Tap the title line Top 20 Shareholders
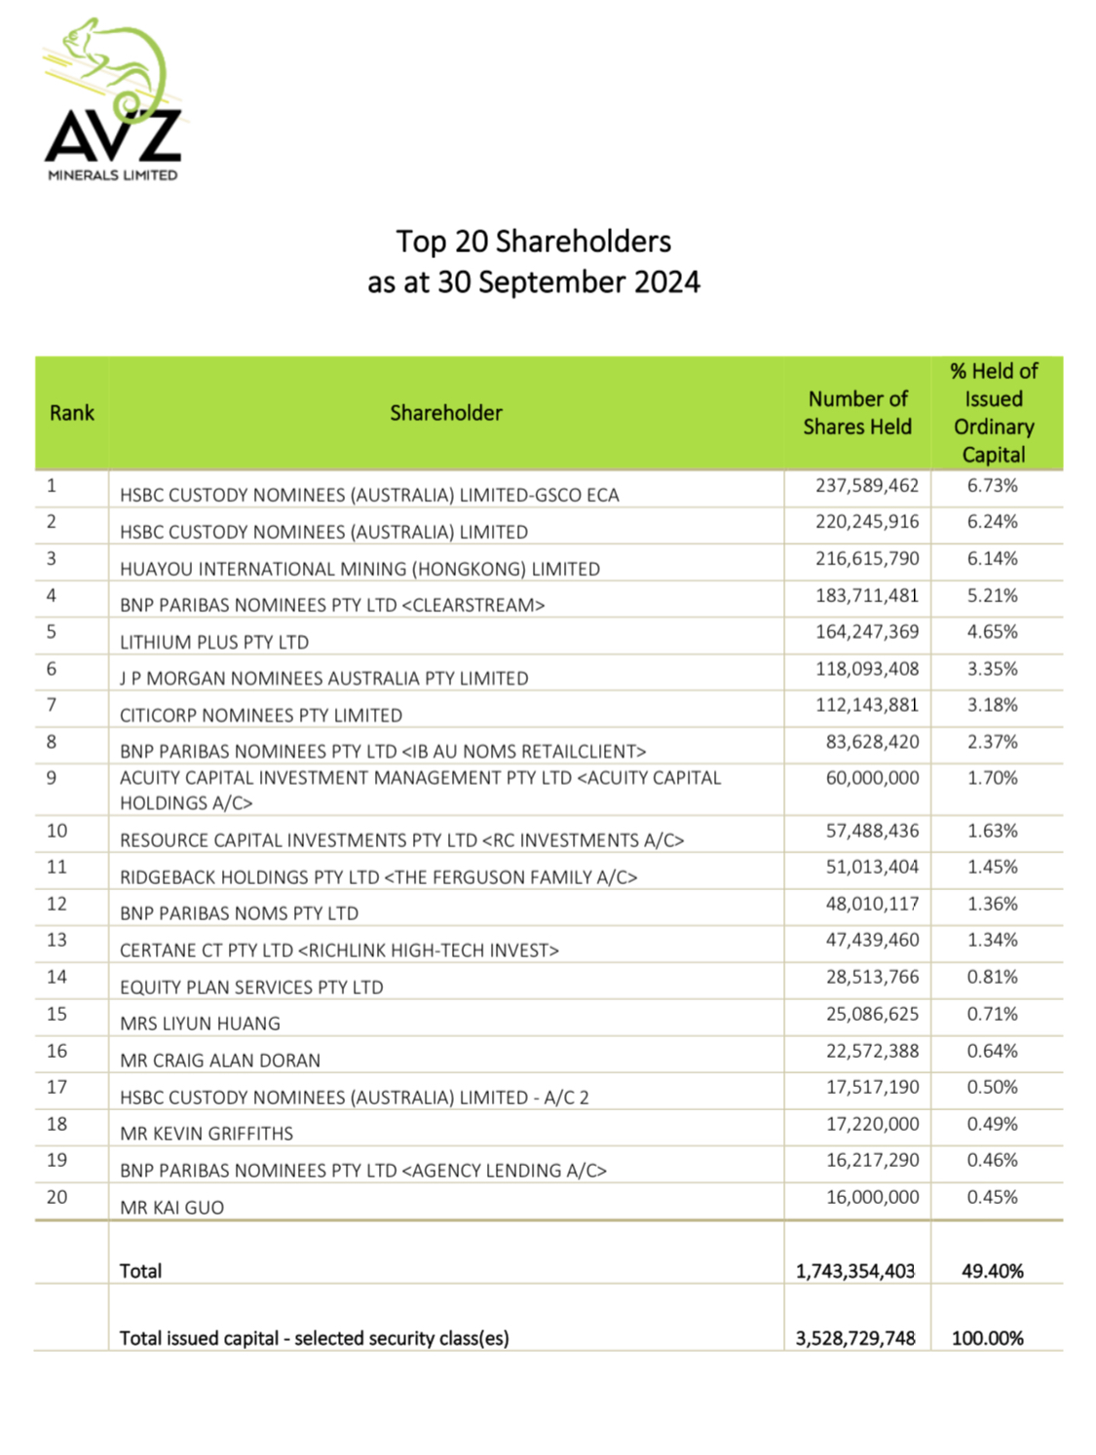click(533, 242)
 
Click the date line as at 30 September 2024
click(533, 282)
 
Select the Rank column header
click(72, 413)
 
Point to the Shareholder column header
click(446, 413)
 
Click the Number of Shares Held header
click(857, 413)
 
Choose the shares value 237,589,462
click(867, 486)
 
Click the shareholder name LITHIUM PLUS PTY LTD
click(214, 643)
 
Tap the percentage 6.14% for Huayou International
click(992, 559)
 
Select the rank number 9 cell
click(52, 778)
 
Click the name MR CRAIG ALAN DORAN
click(220, 1061)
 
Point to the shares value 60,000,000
click(872, 778)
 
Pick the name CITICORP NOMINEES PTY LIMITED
click(261, 716)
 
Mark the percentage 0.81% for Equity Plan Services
click(992, 977)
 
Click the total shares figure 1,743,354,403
click(855, 1271)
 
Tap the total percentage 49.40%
click(992, 1271)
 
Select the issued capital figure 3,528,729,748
click(855, 1338)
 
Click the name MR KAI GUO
click(172, 1208)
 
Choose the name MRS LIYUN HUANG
click(200, 1024)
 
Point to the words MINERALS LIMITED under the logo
click(113, 175)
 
